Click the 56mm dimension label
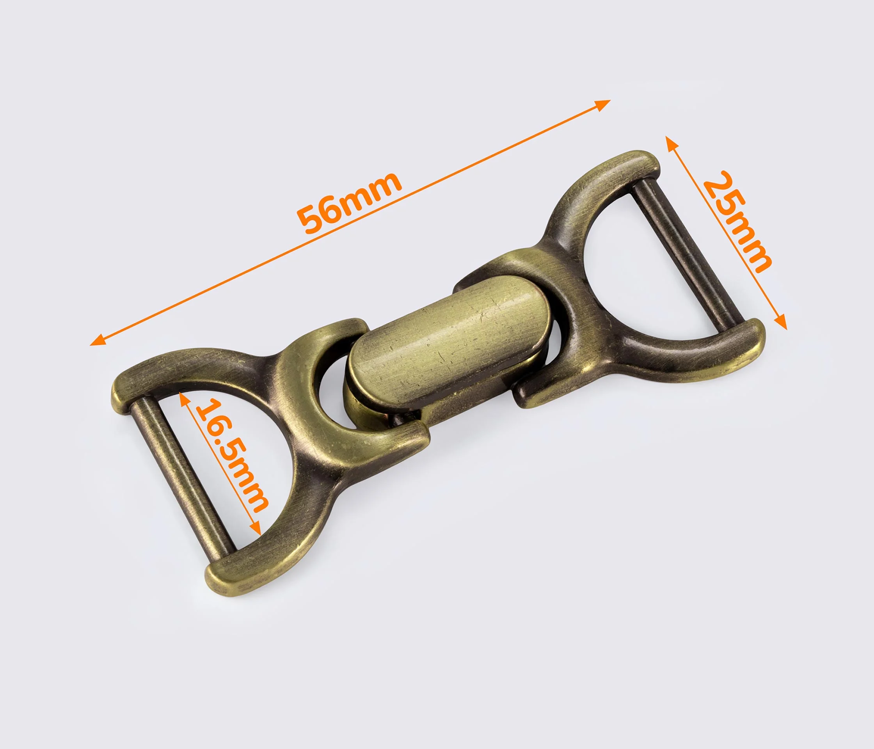(x=349, y=202)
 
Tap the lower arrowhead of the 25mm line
(x=781, y=321)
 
